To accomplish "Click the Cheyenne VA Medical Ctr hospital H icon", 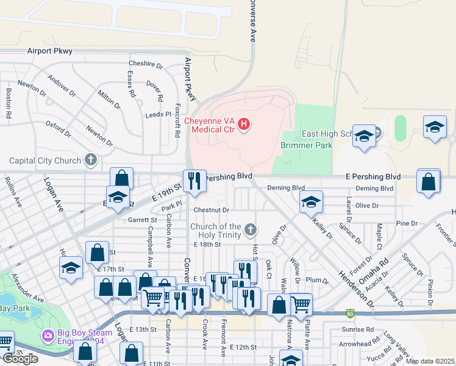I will pyautogui.click(x=244, y=125).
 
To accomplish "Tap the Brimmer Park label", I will pyautogui.click(x=306, y=145).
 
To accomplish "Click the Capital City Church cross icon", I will pyautogui.click(x=91, y=160).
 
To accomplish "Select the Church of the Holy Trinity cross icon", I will pyautogui.click(x=249, y=231).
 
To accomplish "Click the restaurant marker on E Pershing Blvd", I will pyautogui.click(x=194, y=181).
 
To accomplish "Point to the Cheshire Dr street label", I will pyautogui.click(x=146, y=64).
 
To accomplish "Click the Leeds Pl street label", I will pyautogui.click(x=158, y=115).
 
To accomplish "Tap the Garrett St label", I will pyautogui.click(x=142, y=220).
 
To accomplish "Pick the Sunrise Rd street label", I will pyautogui.click(x=357, y=329).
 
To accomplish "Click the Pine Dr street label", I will pyautogui.click(x=405, y=224).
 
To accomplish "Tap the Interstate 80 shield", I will pyautogui.click(x=349, y=314).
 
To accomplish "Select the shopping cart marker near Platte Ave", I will pyautogui.click(x=301, y=304).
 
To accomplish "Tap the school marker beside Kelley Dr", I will pyautogui.click(x=310, y=202).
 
